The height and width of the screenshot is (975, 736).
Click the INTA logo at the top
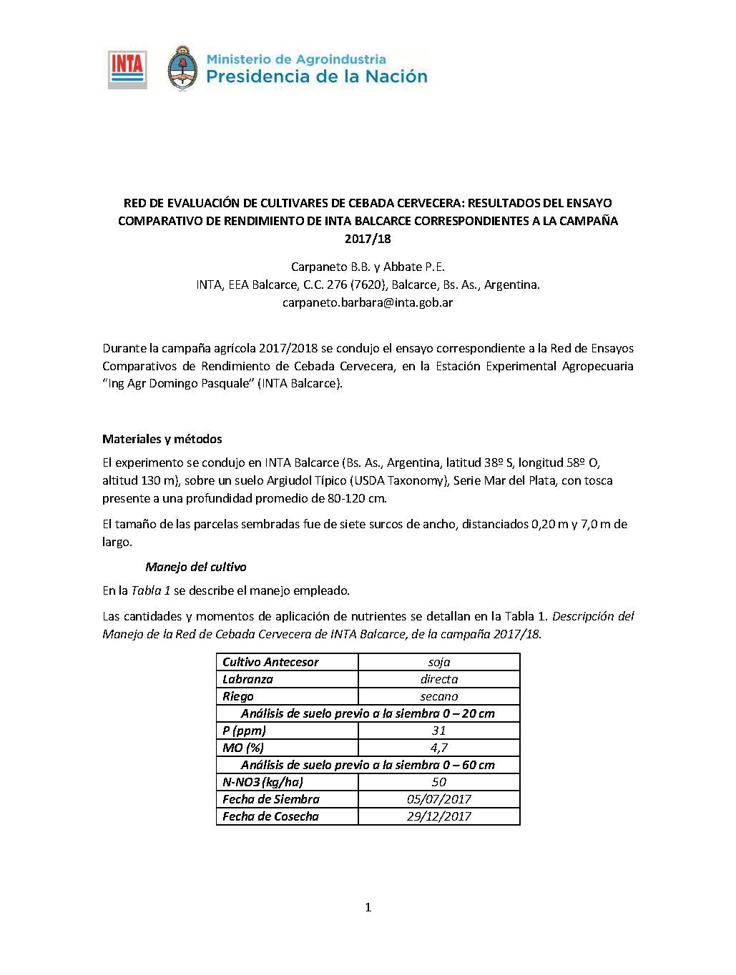[x=127, y=69]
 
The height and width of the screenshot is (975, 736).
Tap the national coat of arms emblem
[x=182, y=69]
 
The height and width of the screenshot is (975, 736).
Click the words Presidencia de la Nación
[x=317, y=76]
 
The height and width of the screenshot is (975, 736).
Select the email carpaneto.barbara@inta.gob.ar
[x=368, y=302]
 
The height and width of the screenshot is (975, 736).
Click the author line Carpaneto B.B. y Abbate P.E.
[x=368, y=267]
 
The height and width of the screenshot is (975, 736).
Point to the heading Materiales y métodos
[x=162, y=439]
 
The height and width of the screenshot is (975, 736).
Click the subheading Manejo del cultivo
[x=195, y=567]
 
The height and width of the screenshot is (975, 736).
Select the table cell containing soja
[x=438, y=662]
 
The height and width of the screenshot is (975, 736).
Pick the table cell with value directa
[x=438, y=679]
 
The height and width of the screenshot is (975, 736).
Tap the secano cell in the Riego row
[x=438, y=696]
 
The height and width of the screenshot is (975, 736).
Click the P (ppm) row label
[x=244, y=731]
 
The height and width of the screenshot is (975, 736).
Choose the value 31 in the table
[x=438, y=731]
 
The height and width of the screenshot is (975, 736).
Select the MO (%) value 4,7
[x=438, y=748]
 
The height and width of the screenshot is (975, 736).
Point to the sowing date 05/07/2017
[x=438, y=799]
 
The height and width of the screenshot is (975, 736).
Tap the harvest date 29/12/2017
[x=438, y=816]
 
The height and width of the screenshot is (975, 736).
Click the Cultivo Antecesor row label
[x=270, y=662]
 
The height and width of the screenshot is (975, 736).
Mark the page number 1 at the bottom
[x=368, y=908]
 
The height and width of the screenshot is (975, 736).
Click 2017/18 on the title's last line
[x=368, y=239]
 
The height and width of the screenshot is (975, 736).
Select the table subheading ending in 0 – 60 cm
[x=368, y=765]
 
